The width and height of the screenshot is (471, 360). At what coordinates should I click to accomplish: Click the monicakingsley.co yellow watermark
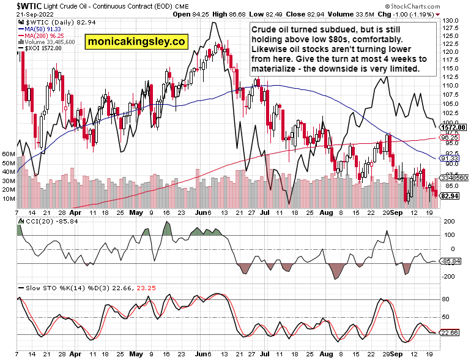click(136, 42)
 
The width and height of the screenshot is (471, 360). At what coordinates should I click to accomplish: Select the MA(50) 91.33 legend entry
click(39, 29)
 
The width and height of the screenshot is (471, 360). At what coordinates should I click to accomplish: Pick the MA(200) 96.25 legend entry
click(40, 36)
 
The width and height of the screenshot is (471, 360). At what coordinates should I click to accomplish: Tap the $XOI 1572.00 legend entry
click(39, 48)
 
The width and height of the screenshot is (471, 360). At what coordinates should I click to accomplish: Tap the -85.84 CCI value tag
click(451, 261)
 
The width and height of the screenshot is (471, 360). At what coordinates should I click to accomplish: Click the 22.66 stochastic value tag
click(451, 332)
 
